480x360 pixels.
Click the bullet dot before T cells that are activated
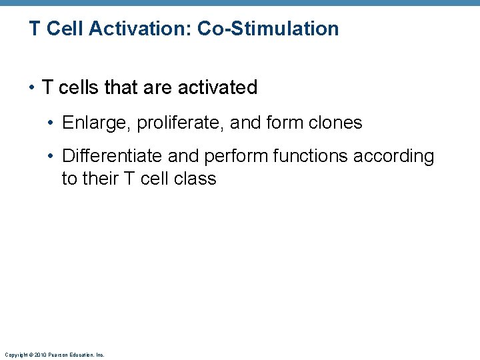32,88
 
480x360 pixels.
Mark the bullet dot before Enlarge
52,123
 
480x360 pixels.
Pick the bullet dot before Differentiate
52,157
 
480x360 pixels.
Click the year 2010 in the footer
40,355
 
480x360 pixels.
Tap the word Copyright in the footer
15,355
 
